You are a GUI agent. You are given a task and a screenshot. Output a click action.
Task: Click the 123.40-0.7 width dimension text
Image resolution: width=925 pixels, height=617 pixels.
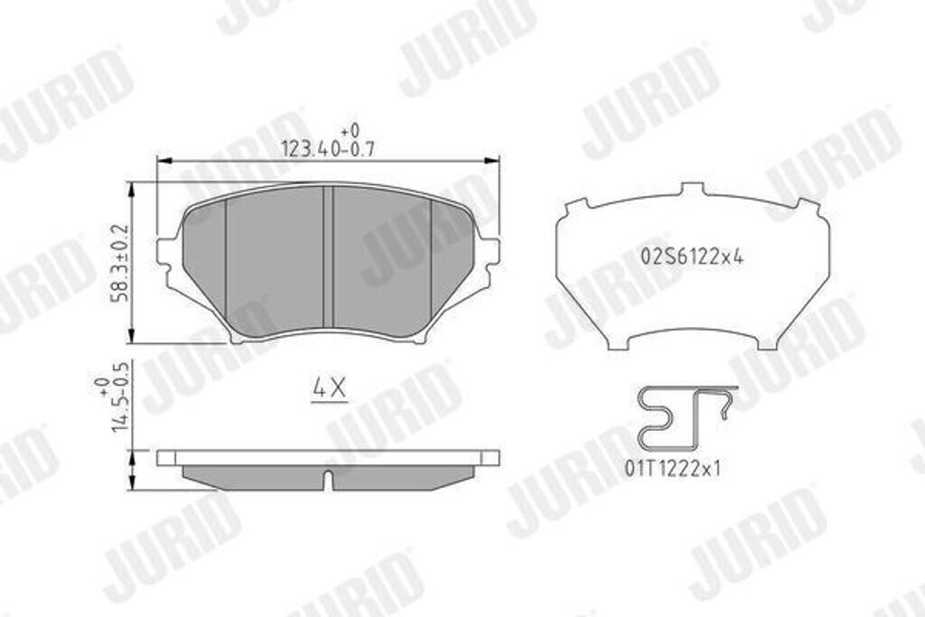pyautogui.click(x=327, y=150)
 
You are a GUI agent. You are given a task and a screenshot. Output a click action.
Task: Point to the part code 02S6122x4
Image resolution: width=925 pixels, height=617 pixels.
pyautogui.click(x=692, y=256)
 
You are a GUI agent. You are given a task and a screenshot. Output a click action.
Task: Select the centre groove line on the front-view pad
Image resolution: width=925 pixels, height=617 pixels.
pyautogui.click(x=329, y=257)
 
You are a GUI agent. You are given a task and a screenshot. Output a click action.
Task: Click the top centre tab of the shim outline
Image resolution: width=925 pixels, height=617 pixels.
pyautogui.click(x=692, y=190)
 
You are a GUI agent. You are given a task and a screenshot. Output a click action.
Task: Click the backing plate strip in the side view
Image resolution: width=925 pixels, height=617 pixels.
pyautogui.click(x=329, y=458)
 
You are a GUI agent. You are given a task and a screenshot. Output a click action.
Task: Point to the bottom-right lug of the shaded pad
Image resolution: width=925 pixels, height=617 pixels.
pyautogui.click(x=419, y=336)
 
